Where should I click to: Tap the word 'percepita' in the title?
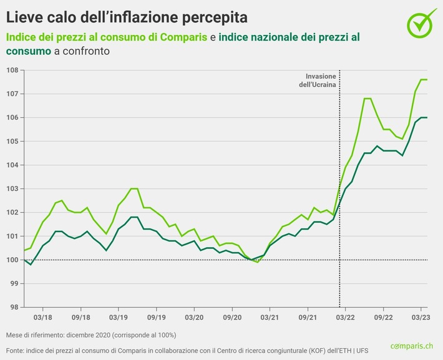(x=210, y=14)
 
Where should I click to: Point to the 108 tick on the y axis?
(x=12, y=70)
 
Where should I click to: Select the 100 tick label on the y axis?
(x=12, y=260)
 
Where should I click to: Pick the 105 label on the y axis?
(x=12, y=141)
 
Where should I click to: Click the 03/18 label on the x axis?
(x=42, y=317)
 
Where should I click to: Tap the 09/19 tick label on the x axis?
(x=156, y=317)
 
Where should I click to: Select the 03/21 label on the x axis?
(x=270, y=317)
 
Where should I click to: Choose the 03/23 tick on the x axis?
(x=420, y=317)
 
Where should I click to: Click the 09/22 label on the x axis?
(x=382, y=317)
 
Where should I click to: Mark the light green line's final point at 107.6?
(x=426, y=79)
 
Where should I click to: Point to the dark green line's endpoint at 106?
(x=426, y=117)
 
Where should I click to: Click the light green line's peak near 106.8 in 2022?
(x=368, y=99)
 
